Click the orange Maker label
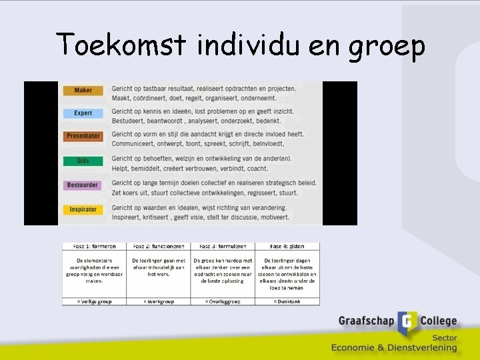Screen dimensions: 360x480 coord(83,90)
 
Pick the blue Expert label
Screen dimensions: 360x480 coord(83,113)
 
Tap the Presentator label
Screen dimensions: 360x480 coord(83,136)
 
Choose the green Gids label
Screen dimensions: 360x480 coord(83,161)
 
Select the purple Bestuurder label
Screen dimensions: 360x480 coord(83,185)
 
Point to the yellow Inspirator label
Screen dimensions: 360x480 coord(83,209)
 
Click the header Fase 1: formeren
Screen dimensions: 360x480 coord(94,247)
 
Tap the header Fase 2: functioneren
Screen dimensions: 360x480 coord(159,247)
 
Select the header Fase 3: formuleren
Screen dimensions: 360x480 coord(223,247)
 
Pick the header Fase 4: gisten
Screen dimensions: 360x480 coord(287,247)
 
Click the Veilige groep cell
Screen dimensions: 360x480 coord(94,301)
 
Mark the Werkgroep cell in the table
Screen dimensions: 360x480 coord(159,301)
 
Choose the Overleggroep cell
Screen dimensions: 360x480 coord(223,301)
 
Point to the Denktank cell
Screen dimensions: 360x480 coord(287,301)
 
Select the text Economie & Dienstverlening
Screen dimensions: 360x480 coord(394,347)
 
